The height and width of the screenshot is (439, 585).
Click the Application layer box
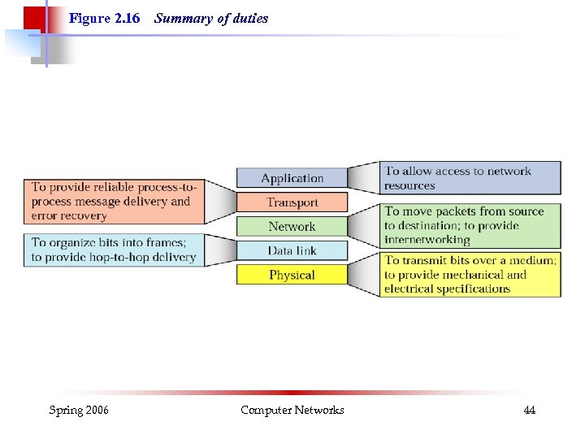(292, 178)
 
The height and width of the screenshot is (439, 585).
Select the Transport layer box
(292, 202)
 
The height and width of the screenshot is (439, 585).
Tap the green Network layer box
(292, 227)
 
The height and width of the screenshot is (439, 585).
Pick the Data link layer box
(292, 250)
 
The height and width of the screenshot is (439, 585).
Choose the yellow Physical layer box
(292, 275)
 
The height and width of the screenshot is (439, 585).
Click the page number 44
(529, 411)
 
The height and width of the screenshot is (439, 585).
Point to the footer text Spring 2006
(79, 411)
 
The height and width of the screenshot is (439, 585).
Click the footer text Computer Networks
(292, 411)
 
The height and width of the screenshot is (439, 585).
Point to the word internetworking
(427, 240)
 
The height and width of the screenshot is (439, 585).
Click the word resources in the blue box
(409, 185)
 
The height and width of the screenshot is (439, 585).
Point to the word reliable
(115, 187)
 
